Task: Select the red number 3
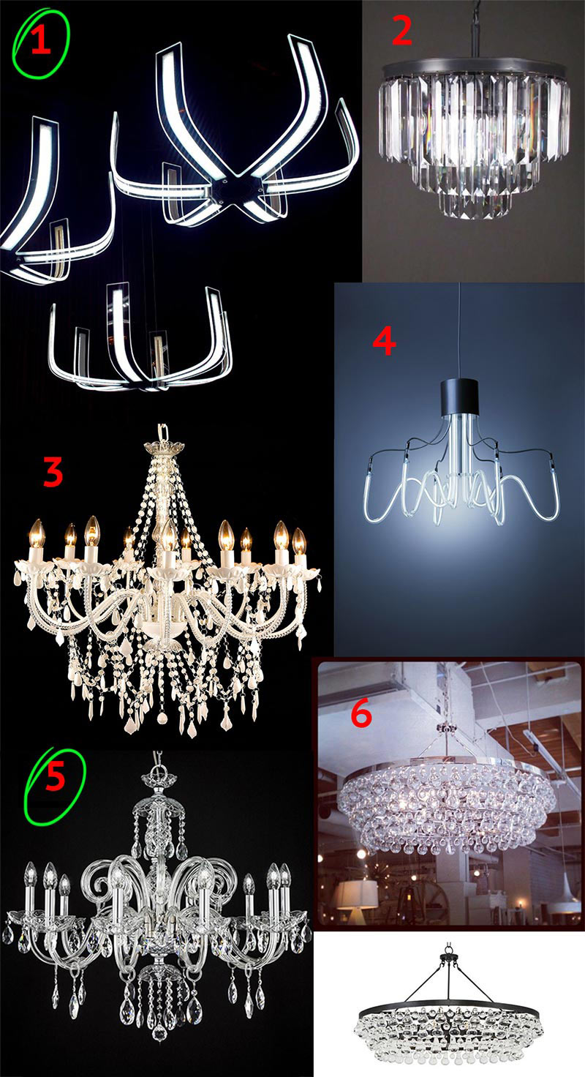pyautogui.click(x=53, y=471)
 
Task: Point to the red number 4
pyautogui.click(x=384, y=342)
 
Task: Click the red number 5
pyautogui.click(x=56, y=776)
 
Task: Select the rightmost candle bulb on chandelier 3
pyautogui.click(x=298, y=542)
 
